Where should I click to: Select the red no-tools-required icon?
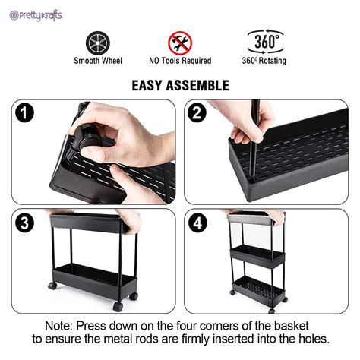(180, 42)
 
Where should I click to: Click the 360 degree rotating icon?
(265, 41)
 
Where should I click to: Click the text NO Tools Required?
(180, 61)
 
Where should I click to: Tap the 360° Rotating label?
(265, 61)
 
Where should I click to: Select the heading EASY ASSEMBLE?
(180, 84)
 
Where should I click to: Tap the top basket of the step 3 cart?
(87, 223)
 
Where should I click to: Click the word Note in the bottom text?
(62, 325)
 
